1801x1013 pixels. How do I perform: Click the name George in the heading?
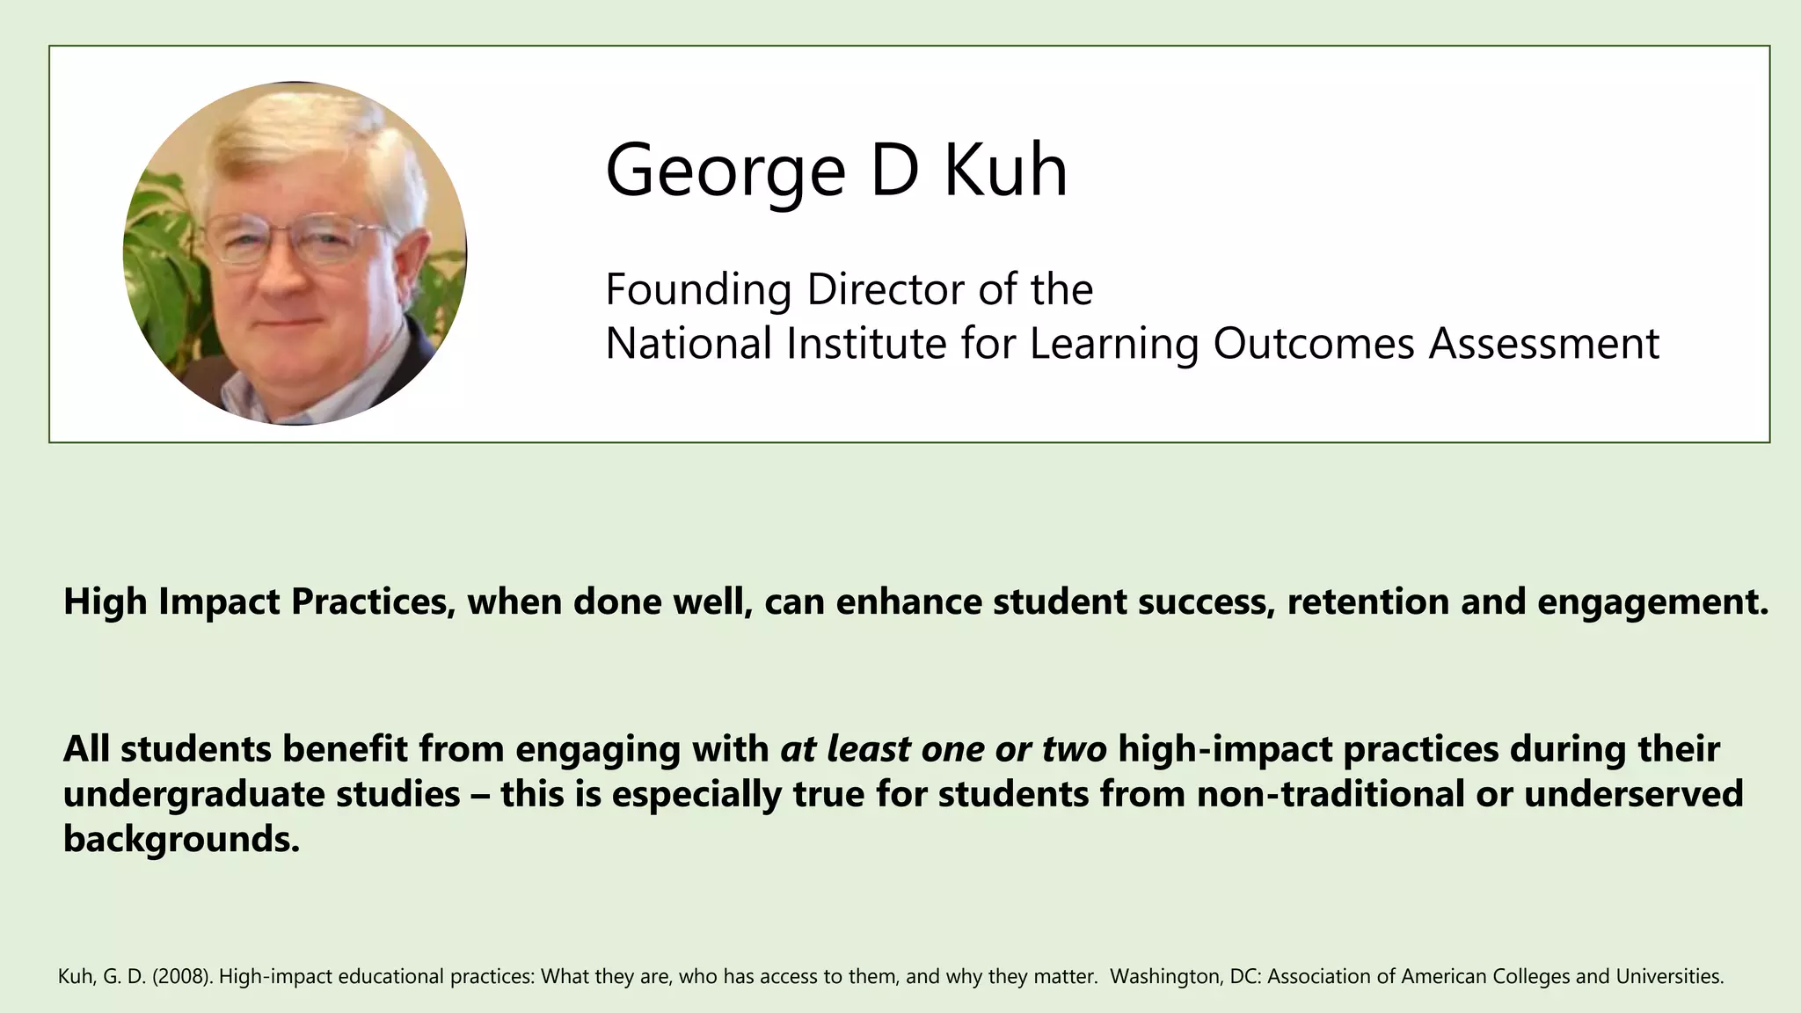(725, 171)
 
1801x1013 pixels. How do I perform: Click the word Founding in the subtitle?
(698, 290)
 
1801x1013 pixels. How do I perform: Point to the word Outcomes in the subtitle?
(1314, 343)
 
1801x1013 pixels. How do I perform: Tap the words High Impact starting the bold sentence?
(172, 602)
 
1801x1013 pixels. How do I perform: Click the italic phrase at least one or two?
(943, 749)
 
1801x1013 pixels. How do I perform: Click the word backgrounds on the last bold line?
(180, 840)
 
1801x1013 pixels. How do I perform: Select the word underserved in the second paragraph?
(1633, 795)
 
